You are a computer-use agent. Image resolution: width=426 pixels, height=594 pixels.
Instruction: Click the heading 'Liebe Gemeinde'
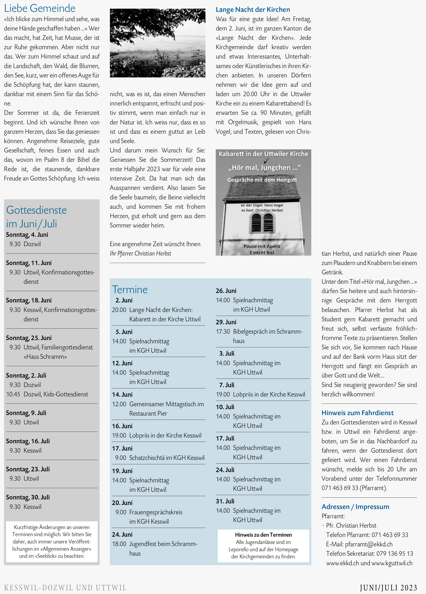coord(40,8)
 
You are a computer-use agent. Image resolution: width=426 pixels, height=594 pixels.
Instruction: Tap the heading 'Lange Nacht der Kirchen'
coord(253,10)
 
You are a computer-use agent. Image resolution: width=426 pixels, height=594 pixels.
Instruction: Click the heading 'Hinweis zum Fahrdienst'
coord(357,413)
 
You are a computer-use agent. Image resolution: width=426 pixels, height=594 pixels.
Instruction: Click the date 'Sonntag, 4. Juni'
coord(27,235)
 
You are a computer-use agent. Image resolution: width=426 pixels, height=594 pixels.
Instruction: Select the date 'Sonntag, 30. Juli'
coord(28,497)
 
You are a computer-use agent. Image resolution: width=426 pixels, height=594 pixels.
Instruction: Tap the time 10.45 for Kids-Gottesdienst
coord(13,394)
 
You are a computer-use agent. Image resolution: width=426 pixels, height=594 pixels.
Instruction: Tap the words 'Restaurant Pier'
coord(148,413)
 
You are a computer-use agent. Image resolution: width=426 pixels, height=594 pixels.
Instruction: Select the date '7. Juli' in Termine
coord(227,385)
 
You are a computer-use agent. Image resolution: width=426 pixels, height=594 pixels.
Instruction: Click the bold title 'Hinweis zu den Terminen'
coord(263,535)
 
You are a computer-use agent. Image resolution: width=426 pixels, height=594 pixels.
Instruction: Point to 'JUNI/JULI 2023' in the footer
coord(388,588)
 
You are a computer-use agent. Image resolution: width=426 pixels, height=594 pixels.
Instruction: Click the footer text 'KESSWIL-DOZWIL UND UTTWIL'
coord(65,588)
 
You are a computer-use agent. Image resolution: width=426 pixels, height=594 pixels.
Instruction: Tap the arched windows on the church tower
coord(262,223)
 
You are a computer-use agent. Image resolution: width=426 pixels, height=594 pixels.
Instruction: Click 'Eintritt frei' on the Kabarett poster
coord(262,252)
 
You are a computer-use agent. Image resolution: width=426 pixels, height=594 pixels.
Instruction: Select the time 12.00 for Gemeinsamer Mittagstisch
coord(119,404)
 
